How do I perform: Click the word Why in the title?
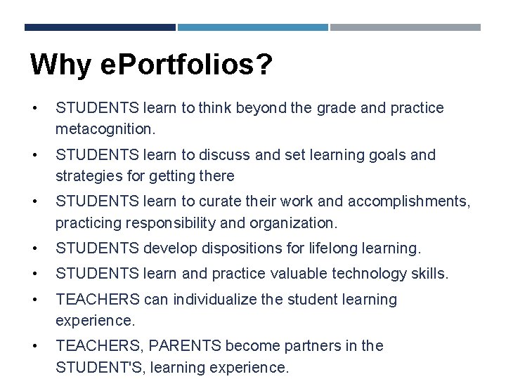point(60,65)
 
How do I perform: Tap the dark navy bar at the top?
point(100,27)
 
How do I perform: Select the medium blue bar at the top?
point(252,27)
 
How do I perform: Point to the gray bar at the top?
point(406,27)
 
